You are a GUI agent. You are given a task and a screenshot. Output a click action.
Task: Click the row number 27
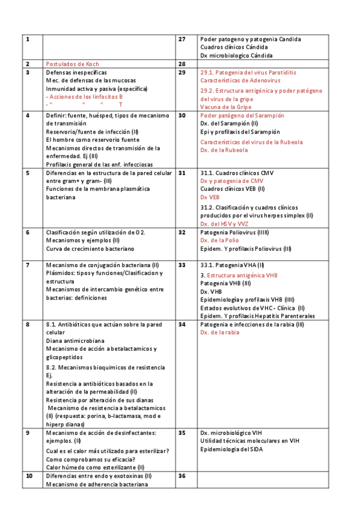tap(182, 39)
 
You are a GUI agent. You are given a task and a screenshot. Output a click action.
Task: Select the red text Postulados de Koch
tap(73, 64)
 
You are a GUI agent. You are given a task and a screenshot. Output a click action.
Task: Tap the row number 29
tap(182, 72)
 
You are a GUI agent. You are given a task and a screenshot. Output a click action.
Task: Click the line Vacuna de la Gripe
tap(226, 106)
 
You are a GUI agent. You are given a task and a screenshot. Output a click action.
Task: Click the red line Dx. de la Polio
tap(219, 240)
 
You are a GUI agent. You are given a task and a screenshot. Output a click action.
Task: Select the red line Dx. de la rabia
tap(220, 332)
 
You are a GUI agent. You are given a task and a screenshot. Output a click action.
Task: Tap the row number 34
tap(182, 324)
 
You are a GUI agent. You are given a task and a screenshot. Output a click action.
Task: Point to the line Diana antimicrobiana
tap(75, 340)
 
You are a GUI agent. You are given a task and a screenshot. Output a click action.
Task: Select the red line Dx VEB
tap(210, 197)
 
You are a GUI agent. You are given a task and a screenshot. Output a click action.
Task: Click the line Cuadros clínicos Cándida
tap(234, 47)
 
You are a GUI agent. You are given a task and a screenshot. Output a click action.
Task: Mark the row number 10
tap(29, 476)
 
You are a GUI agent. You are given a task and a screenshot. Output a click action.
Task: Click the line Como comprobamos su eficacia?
tap(91, 459)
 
